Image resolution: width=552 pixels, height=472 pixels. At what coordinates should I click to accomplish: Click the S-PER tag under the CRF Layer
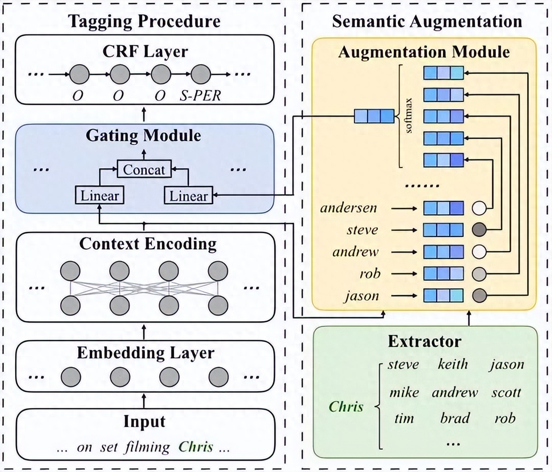coord(201,96)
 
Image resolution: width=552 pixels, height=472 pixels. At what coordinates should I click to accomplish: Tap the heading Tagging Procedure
coord(144,21)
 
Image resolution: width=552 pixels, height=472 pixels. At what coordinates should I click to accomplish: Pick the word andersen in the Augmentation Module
coord(349,208)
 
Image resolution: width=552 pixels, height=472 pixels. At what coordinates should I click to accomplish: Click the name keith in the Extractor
coord(452,364)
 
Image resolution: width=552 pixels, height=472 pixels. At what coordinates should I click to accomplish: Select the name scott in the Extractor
coord(506,392)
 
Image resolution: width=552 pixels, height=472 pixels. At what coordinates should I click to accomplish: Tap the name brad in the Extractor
coord(455,418)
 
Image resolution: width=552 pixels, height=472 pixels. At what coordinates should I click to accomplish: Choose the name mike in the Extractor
coord(404,392)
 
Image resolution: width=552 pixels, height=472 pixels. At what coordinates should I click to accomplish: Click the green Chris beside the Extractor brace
coord(346,406)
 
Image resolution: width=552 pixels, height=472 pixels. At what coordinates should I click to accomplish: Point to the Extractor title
coord(424,341)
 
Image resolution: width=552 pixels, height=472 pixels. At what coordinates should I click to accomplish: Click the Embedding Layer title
coord(145,353)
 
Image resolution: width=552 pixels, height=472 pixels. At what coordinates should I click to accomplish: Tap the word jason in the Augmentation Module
coord(361,295)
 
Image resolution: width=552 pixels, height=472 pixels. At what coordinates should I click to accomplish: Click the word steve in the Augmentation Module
coord(362,230)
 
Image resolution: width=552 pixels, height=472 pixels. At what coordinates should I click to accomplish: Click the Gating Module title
coord(143,136)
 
